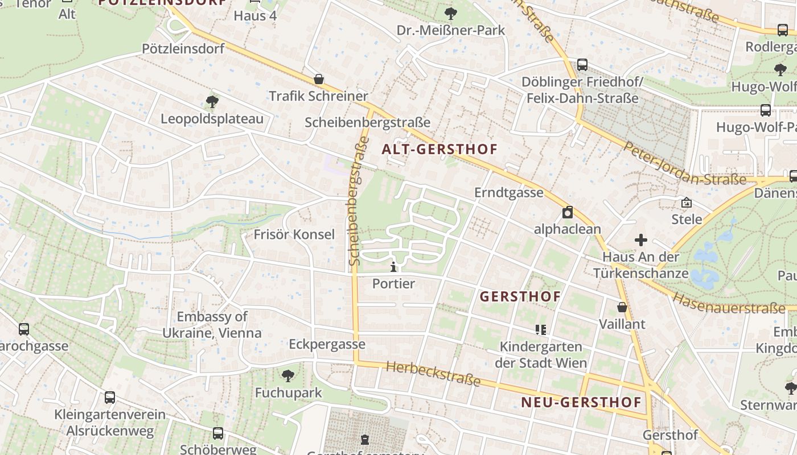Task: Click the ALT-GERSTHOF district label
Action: [x=439, y=150]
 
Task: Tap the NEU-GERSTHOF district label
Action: [x=581, y=403]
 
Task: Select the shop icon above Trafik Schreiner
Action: [x=319, y=79]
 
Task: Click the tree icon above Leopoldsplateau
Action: [x=212, y=102]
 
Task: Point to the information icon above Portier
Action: [x=393, y=266]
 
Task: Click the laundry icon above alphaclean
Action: [x=568, y=213]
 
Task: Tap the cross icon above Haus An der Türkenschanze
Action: [x=641, y=240]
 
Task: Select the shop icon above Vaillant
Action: [x=622, y=307]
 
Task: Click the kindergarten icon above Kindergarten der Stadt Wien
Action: [x=540, y=329]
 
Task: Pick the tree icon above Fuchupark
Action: [x=288, y=375]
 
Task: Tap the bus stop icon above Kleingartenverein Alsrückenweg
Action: [x=110, y=398]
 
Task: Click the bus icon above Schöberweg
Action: [x=218, y=433]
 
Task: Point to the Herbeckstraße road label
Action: [x=433, y=374]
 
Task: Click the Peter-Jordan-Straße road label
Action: [x=684, y=164]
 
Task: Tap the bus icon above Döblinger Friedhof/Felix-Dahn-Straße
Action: [x=582, y=65]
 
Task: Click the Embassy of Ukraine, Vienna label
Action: [x=212, y=325]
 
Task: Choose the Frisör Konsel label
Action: [x=294, y=234]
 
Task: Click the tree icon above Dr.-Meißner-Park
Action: [x=451, y=13]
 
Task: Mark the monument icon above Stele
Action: [x=687, y=202]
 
